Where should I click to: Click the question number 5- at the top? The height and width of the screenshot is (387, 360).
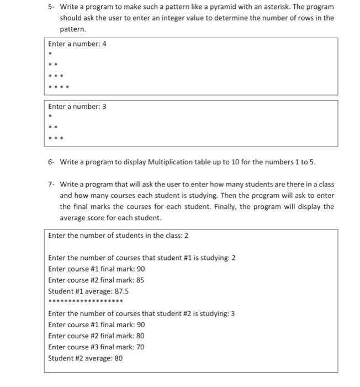50,7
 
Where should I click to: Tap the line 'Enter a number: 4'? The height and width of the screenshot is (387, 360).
77,44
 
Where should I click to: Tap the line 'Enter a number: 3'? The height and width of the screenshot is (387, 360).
77,106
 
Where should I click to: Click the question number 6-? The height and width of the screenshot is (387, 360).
50,162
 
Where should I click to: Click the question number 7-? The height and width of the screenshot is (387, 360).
50,184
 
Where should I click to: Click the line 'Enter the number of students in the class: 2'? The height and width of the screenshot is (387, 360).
118,236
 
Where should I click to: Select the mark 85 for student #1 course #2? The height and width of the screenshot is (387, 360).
140,280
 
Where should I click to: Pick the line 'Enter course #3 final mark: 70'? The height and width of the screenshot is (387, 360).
96,347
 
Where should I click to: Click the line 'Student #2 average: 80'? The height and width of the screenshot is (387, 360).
85,358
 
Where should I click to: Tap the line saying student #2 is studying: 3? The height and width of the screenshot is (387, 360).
141,313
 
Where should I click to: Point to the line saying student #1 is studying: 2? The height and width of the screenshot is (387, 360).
142,258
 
